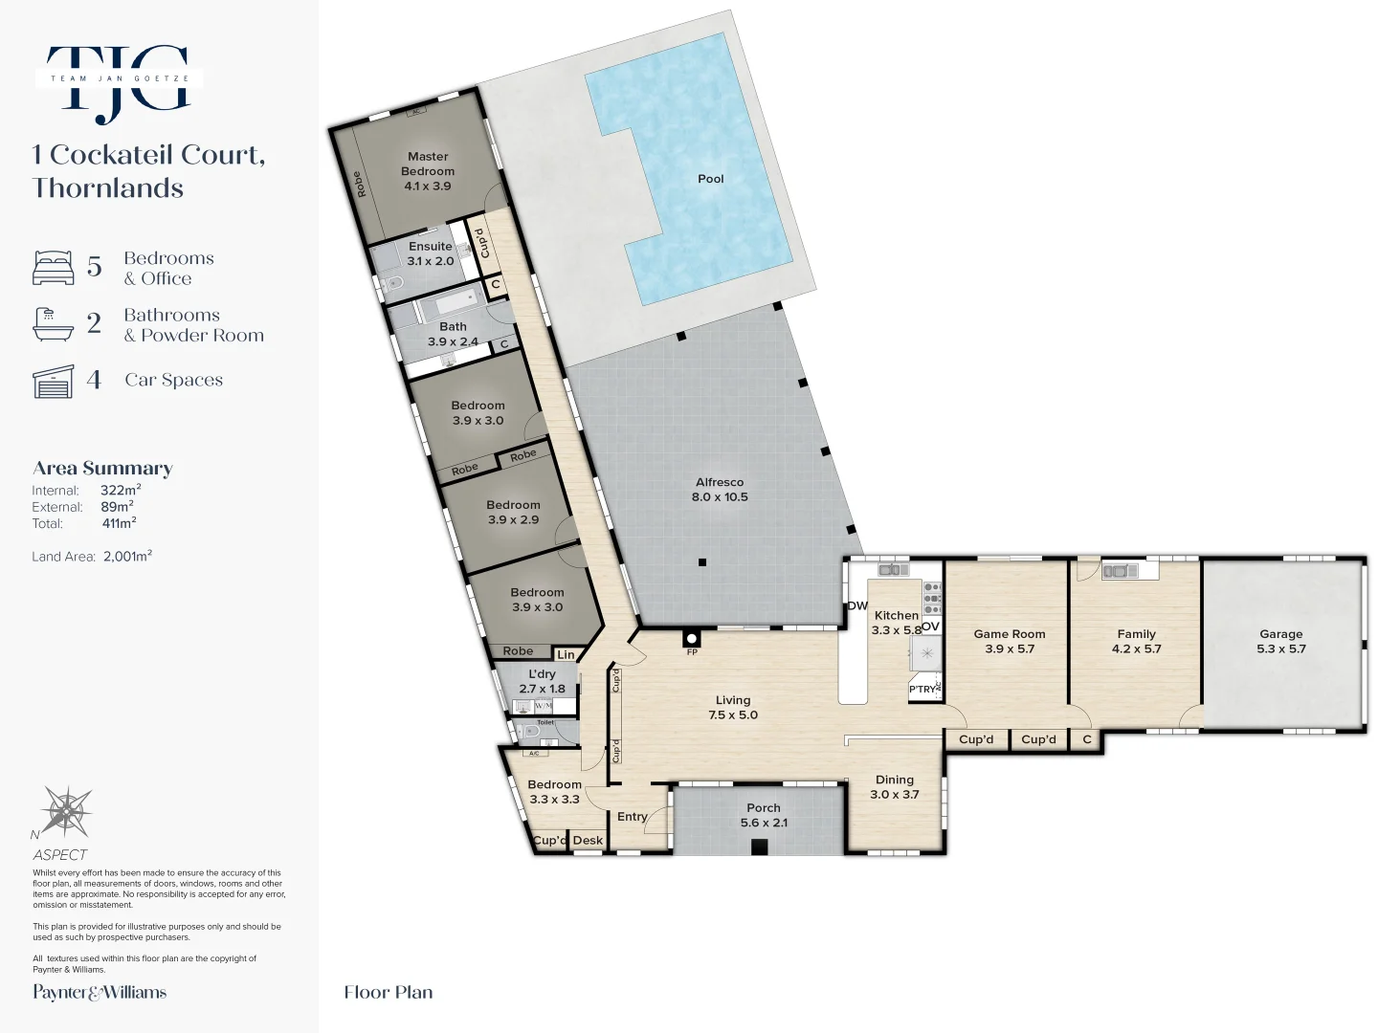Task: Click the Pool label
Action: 710,179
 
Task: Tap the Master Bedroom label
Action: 428,170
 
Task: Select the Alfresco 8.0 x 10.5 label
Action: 720,490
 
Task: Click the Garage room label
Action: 1280,641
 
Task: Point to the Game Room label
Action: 1009,641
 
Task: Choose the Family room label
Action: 1136,641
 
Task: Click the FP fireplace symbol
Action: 691,640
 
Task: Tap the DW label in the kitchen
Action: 857,605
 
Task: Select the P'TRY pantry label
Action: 922,689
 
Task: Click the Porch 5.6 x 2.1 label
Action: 763,815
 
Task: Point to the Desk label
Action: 588,841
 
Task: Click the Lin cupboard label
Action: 566,655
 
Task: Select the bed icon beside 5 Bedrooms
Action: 54,268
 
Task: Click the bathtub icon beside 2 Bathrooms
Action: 54,324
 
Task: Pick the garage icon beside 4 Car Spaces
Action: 54,382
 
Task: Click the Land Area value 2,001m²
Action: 127,556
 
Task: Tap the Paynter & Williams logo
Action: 100,992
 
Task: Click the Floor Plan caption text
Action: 389,992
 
